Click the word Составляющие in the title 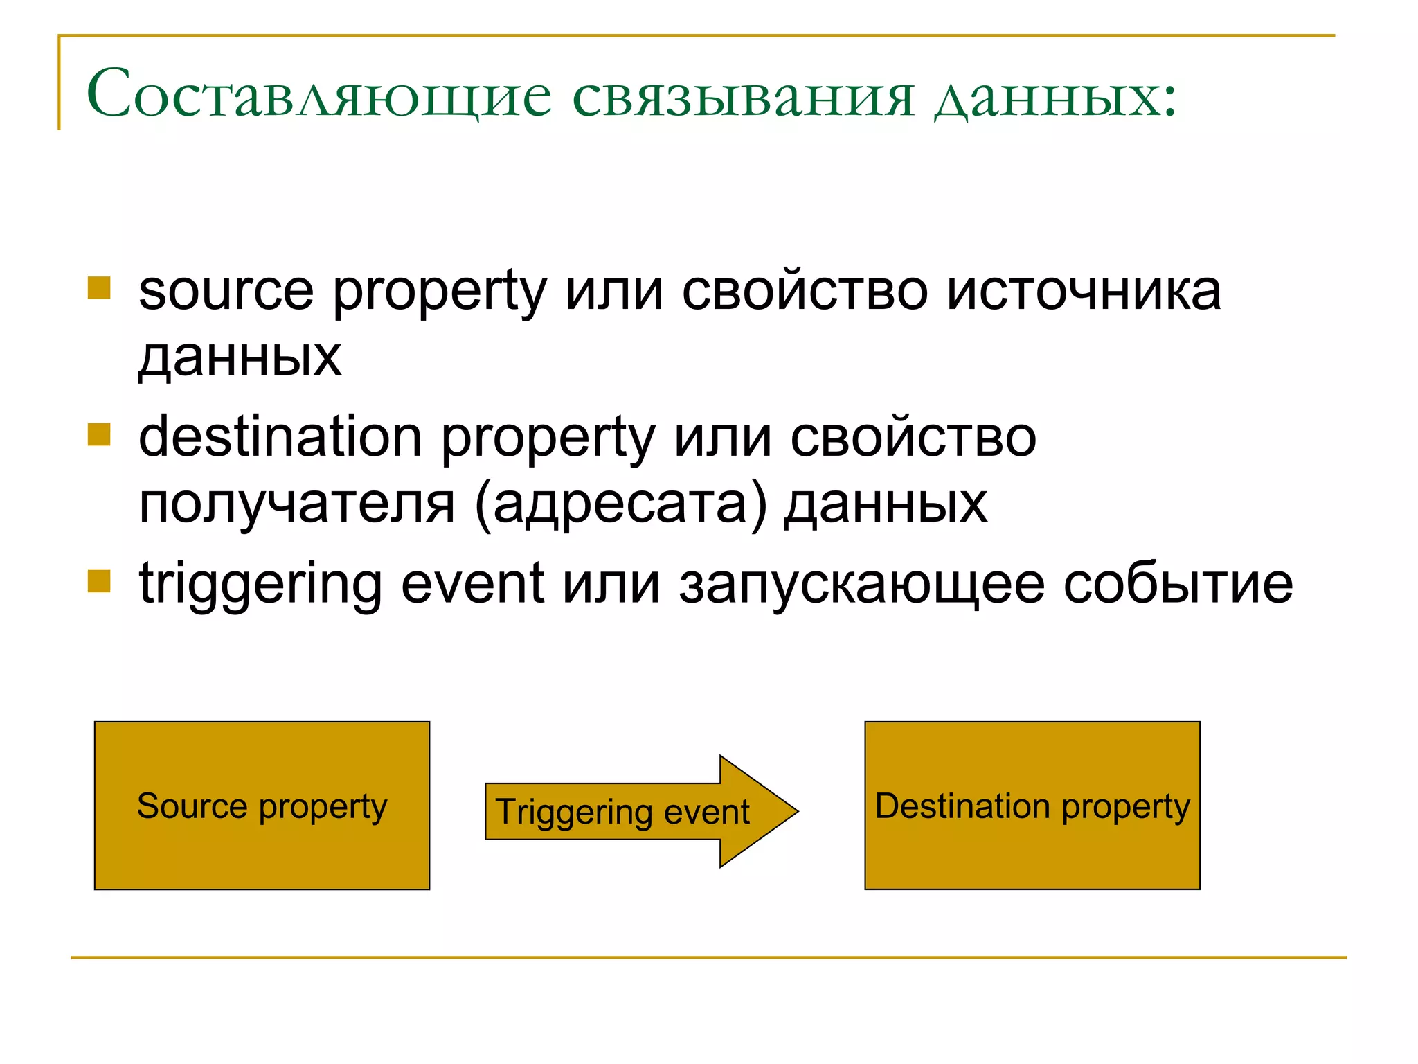point(318,95)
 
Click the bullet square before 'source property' point(99,288)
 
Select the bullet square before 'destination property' point(99,435)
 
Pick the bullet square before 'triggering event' point(99,581)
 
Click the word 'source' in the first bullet point(226,291)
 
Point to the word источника point(1084,291)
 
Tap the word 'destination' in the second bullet point(280,437)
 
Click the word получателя point(297,504)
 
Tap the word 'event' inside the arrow point(706,812)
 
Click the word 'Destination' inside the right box point(962,806)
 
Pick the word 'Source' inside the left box point(192,806)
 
